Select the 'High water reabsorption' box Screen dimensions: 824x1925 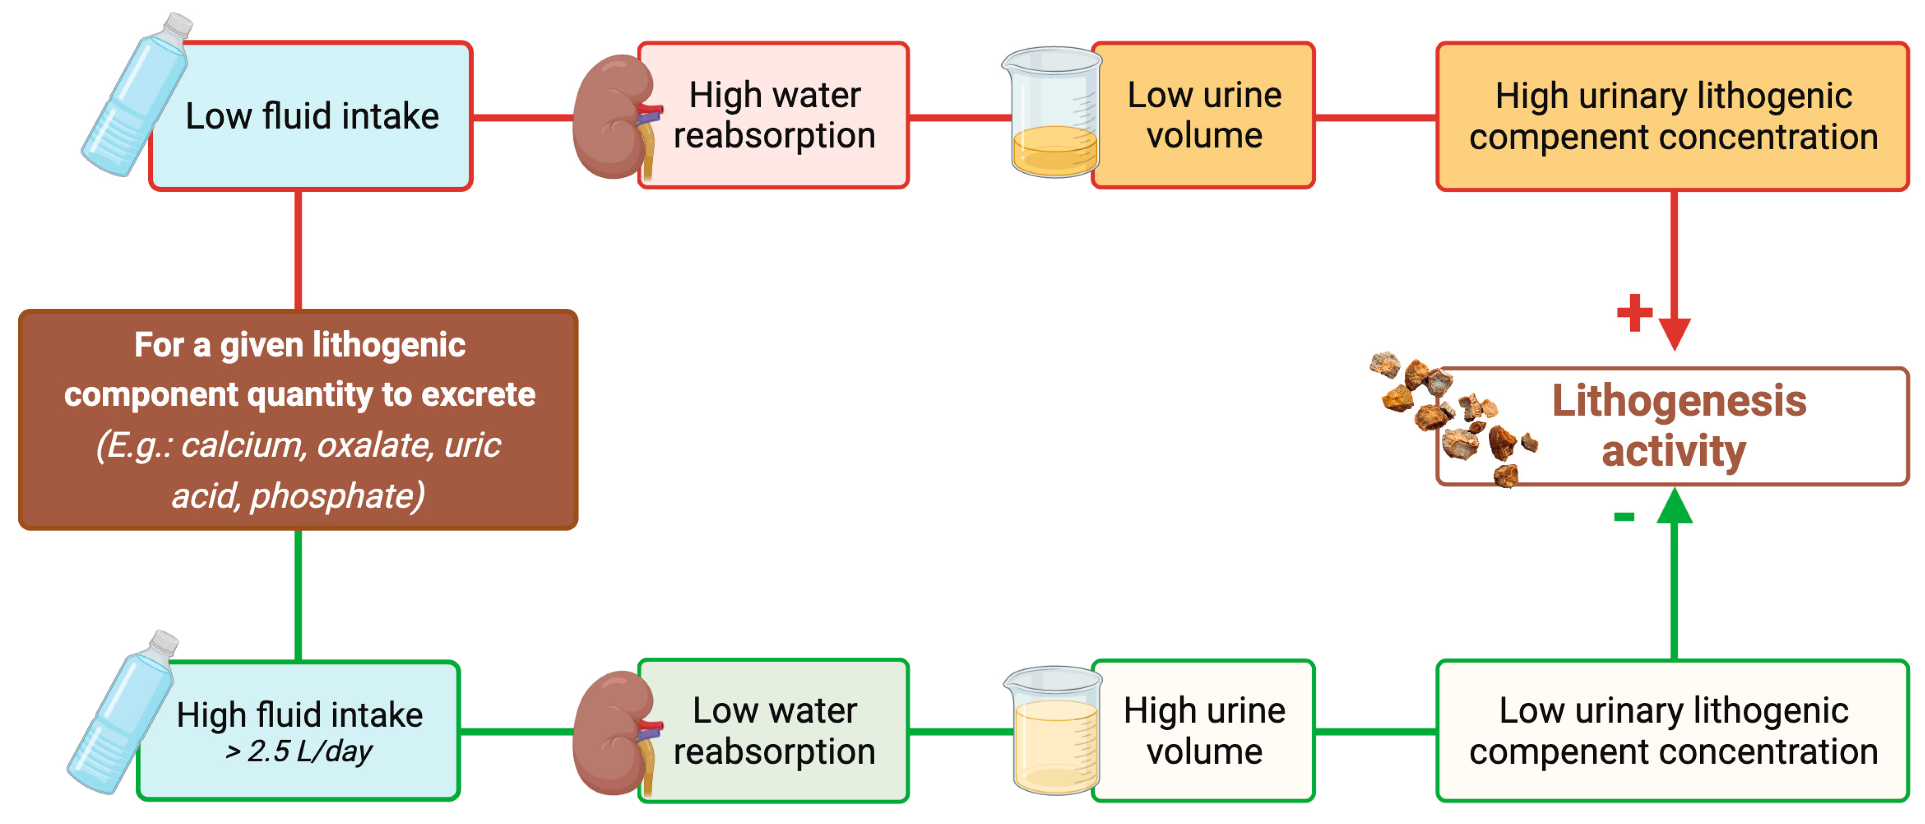774,116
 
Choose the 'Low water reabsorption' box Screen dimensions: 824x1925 774,731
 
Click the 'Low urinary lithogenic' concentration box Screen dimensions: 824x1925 1673,731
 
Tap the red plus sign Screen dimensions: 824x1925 1634,312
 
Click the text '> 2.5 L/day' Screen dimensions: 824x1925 299,751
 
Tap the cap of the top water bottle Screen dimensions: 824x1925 178,24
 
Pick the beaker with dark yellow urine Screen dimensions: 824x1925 1052,114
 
